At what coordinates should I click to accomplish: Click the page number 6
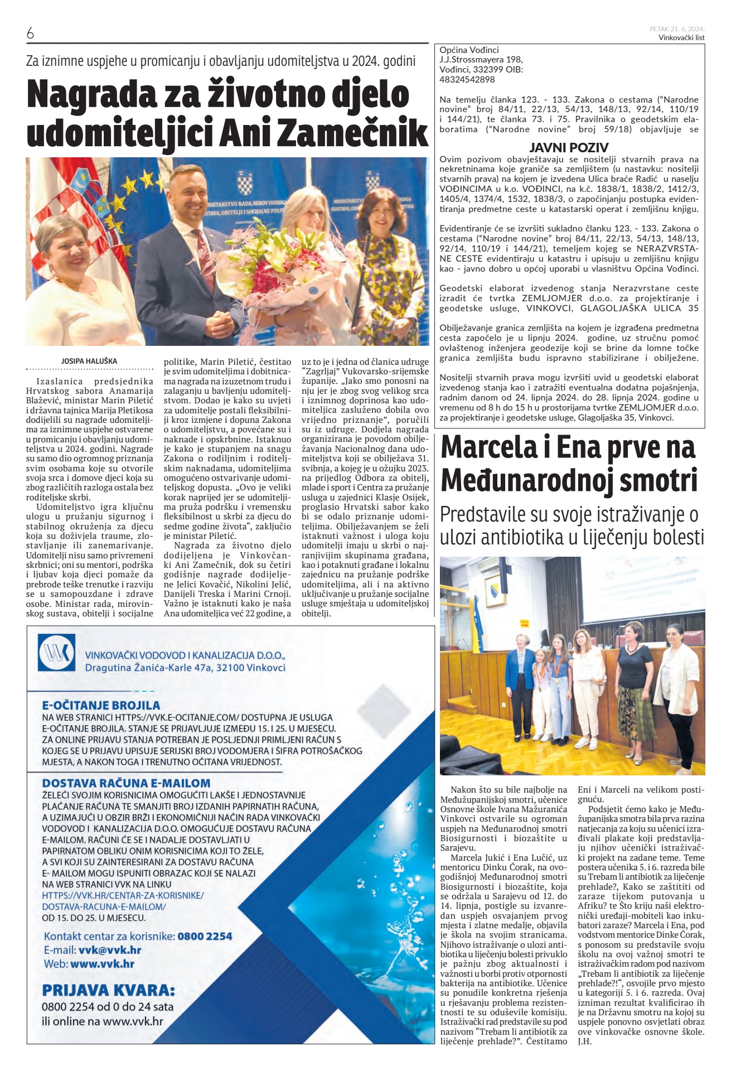30,33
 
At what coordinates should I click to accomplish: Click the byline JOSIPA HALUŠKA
89,361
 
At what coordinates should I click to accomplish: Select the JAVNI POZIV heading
568,148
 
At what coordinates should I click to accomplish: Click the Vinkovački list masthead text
681,38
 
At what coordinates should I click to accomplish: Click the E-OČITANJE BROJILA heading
101,705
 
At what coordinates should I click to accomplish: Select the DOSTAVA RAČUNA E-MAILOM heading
126,783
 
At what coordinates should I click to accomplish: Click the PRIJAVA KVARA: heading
108,991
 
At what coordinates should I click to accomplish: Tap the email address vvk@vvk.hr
110,950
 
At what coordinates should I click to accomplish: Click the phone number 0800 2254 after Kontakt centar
205,936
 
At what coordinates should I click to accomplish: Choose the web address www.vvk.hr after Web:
103,964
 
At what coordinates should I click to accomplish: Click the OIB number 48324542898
467,79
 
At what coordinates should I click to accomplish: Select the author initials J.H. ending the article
585,1041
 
